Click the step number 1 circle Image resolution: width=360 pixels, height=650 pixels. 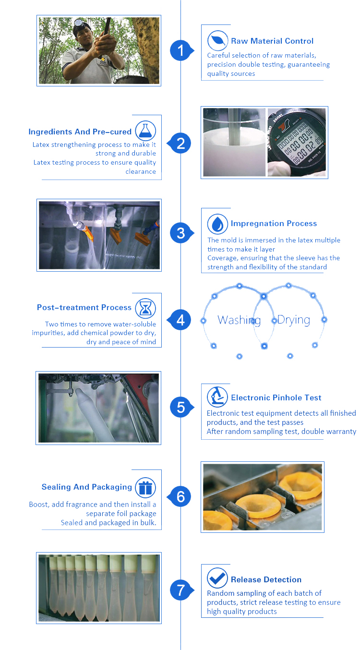181,50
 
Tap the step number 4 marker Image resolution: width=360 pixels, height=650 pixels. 180,320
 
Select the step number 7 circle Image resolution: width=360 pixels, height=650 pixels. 181,590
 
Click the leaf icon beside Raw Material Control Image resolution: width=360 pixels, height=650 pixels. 217,41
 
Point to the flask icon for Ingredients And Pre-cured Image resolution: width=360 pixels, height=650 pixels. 145,131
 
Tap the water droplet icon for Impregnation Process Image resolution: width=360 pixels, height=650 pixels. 217,224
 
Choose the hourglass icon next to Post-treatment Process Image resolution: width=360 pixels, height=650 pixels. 145,308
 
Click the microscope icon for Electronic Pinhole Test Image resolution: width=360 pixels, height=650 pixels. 217,397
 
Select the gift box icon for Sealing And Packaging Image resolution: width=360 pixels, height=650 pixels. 145,488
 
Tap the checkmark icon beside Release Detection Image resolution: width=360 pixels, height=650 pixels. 217,578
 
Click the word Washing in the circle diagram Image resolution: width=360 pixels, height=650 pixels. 239,320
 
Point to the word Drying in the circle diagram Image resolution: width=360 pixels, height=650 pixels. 294,320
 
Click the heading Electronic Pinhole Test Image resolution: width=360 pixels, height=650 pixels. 276,397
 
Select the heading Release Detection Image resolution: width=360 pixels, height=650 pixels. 266,579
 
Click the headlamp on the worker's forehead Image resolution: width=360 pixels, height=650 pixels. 78,23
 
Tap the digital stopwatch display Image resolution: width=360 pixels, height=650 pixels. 299,142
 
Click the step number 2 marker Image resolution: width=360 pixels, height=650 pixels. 180,144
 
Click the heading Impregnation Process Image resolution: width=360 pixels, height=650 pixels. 274,223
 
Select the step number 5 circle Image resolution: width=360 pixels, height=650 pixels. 181,407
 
